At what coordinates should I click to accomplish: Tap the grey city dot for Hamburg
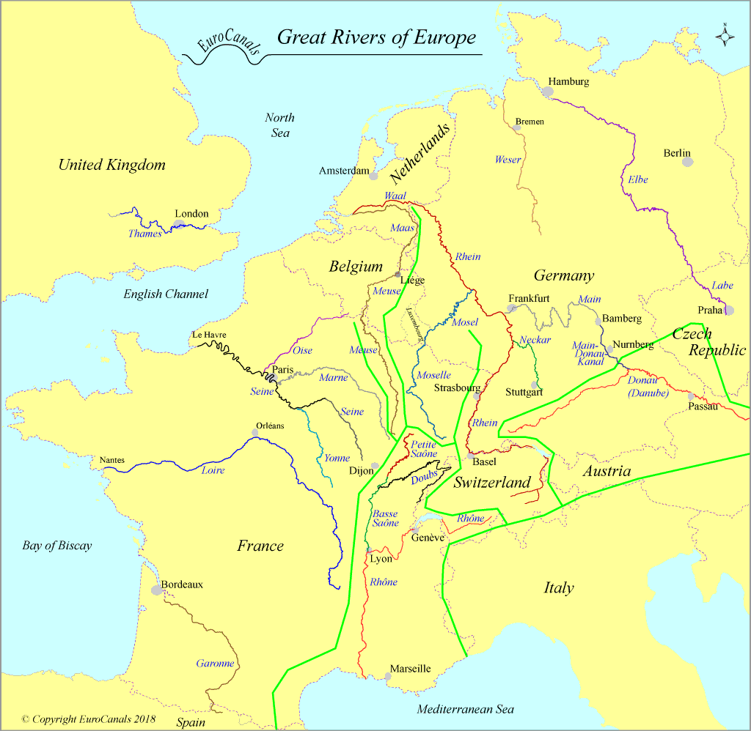(548, 92)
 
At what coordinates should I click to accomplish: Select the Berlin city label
(677, 153)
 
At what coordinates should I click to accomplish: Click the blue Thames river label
(144, 234)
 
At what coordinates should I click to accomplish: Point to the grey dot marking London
(179, 224)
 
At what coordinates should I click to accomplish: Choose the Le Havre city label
(209, 335)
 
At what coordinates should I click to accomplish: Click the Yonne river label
(337, 458)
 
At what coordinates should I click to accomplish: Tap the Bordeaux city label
(182, 585)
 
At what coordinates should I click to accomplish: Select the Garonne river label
(215, 664)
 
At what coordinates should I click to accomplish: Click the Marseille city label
(410, 669)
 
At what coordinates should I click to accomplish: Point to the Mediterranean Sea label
(465, 709)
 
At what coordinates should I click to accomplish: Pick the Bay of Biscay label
(56, 546)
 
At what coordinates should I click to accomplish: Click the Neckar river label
(535, 340)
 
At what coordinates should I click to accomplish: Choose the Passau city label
(703, 406)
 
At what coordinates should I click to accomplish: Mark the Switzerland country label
(491, 483)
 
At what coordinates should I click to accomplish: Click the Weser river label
(508, 160)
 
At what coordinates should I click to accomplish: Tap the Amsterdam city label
(343, 171)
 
